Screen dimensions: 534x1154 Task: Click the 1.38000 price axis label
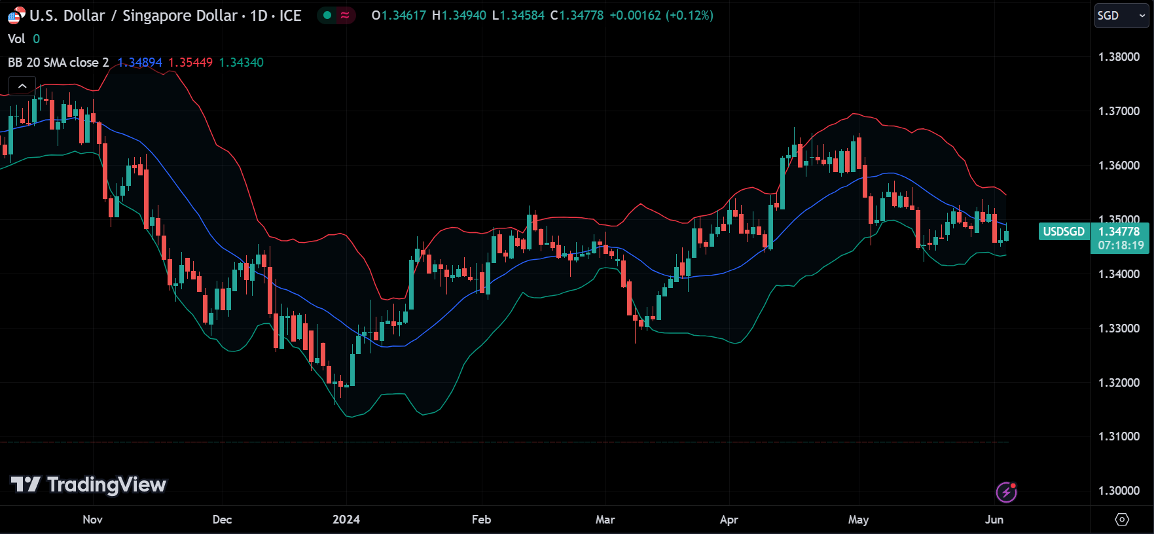[1119, 57]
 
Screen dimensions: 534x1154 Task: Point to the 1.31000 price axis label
[1119, 436]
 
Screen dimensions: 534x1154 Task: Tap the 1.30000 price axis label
[1119, 491]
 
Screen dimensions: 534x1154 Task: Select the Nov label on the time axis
[92, 520]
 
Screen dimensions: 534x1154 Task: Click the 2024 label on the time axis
[346, 520]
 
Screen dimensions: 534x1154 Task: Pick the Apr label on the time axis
[729, 520]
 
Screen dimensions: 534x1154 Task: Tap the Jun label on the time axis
[994, 520]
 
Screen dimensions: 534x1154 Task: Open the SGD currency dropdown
[1121, 16]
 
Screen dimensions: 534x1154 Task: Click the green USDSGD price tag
[1063, 232]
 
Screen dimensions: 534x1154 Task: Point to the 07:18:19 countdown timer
[1121, 246]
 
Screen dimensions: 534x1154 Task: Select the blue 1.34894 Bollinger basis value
[139, 63]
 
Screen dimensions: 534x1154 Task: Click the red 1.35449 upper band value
[190, 63]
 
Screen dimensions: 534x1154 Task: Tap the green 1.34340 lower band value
[241, 63]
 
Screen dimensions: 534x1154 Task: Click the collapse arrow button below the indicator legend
[22, 86]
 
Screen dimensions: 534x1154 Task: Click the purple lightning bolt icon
[1006, 492]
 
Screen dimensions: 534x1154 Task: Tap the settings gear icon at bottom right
[1122, 520]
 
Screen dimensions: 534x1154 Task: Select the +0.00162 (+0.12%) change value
[661, 16]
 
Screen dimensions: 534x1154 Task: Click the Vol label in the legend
[16, 39]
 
